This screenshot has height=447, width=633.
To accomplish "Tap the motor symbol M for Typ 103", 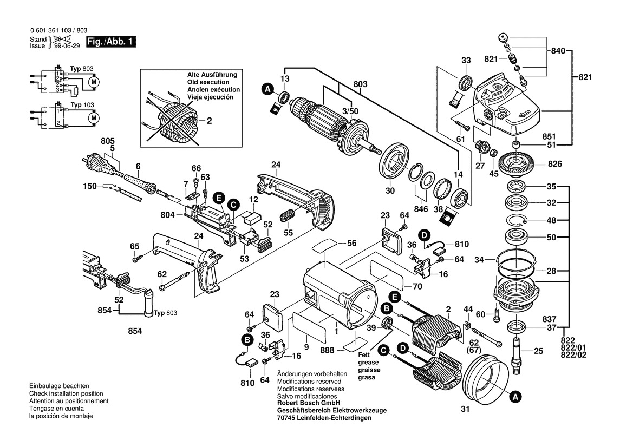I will coord(94,117).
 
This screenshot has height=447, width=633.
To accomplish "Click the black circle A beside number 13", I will coord(266,88).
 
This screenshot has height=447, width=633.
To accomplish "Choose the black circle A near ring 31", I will coord(516,397).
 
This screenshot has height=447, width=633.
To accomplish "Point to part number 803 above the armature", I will coord(360,84).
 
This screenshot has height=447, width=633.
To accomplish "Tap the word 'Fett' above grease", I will coord(364,354).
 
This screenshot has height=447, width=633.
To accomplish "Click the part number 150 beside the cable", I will coord(90,186).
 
